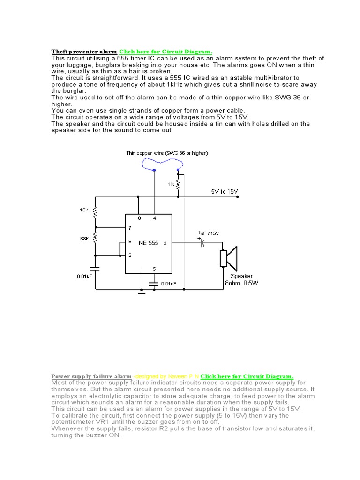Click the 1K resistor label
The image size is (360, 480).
point(172,185)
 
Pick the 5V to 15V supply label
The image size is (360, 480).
point(225,192)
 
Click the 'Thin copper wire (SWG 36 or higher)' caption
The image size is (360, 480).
point(167,153)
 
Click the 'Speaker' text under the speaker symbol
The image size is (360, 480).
point(241,276)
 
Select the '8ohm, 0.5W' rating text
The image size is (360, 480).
point(241,283)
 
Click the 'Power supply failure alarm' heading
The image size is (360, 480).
point(91,376)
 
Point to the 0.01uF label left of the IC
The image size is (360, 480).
point(86,276)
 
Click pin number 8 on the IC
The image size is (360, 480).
point(139,218)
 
